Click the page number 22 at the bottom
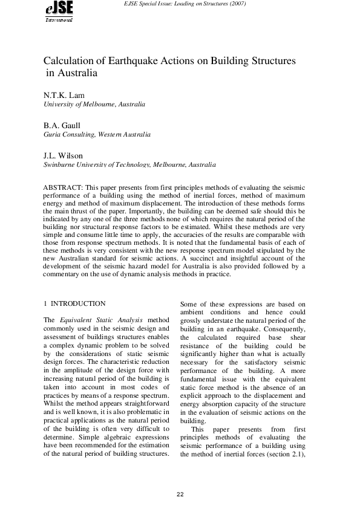[x=180, y=495]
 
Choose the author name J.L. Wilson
[x=64, y=155]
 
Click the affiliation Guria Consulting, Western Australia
[x=97, y=134]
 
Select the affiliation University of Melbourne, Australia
[x=94, y=104]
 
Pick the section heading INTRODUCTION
[x=78, y=303]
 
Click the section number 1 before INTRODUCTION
[x=45, y=303]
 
